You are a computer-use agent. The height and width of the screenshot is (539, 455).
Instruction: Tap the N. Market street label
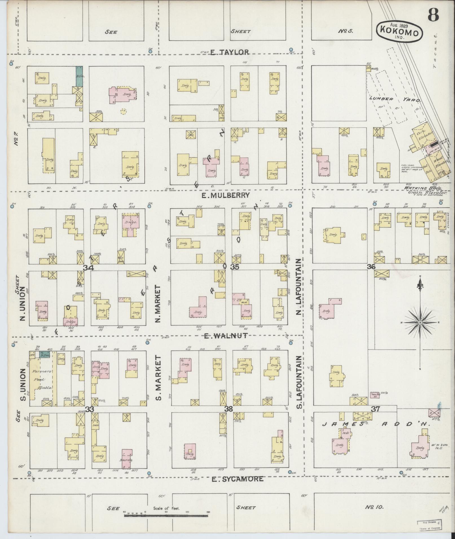click(157, 304)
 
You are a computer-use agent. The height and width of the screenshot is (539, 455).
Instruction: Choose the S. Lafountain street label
click(299, 382)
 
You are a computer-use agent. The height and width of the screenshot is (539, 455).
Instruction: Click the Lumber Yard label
click(395, 99)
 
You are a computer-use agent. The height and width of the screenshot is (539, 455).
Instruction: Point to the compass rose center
click(420, 322)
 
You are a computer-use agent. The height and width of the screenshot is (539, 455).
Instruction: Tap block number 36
click(371, 267)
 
